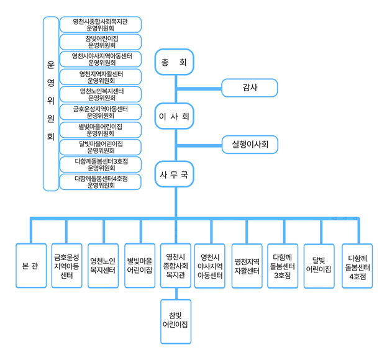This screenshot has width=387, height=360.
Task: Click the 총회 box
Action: tap(175, 62)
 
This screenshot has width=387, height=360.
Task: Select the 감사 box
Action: tap(250, 88)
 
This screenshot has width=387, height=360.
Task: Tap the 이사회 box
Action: tap(175, 116)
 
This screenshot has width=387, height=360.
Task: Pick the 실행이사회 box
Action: tap(250, 145)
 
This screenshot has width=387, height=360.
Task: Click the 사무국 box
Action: tap(175, 174)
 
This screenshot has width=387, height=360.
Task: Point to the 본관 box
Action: tap(31, 266)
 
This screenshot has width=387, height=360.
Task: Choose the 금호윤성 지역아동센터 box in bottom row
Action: tap(66, 266)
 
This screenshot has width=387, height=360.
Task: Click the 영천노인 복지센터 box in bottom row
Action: tap(103, 266)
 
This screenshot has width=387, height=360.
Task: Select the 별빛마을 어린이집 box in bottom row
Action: tap(140, 266)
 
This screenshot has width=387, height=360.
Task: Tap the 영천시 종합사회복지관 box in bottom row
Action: tap(176, 266)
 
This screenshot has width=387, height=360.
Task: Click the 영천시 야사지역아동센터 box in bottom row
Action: tap(210, 266)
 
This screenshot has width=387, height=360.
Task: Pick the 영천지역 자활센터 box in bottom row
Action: tap(247, 266)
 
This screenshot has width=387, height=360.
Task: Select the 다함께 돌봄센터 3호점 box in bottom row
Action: tap(283, 266)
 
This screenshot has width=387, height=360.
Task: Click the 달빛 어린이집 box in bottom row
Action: tap(319, 266)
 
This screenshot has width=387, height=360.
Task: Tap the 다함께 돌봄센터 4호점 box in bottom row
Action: tap(357, 266)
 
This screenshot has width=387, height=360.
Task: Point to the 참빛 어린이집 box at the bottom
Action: tap(176, 322)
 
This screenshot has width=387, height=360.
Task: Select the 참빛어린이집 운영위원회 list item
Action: tap(101, 42)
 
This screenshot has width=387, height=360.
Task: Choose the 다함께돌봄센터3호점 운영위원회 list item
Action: tap(101, 164)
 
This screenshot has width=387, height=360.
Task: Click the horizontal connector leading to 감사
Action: tap(199, 89)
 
